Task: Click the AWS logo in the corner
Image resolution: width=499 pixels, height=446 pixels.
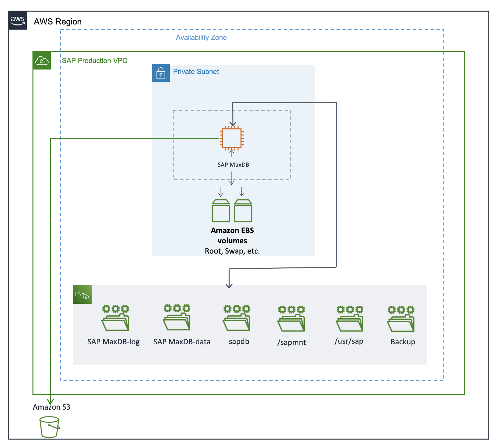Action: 18,20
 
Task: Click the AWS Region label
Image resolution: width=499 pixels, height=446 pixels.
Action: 58,22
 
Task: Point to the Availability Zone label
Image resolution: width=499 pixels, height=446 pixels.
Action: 201,38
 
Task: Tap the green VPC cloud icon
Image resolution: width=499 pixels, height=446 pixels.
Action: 42,60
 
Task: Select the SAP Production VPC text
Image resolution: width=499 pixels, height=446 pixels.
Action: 95,61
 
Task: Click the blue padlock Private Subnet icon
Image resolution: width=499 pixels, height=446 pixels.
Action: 161,73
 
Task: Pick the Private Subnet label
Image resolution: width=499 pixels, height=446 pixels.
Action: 196,72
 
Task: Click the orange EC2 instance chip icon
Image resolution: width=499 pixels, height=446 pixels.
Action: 232,139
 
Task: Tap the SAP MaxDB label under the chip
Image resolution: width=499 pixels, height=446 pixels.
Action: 233,165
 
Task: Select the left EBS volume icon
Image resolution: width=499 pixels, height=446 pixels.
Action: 221,211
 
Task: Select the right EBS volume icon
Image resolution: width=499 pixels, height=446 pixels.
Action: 243,211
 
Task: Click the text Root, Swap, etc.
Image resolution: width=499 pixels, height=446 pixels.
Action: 232,251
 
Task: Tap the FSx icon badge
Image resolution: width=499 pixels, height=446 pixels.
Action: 82,294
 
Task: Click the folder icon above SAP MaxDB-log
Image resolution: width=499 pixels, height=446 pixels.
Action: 115,318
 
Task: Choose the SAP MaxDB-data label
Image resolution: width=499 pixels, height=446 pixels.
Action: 182,342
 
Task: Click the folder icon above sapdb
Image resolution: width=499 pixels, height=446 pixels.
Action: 237,318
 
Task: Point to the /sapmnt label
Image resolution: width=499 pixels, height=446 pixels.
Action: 292,342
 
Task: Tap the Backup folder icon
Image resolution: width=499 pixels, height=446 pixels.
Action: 401,319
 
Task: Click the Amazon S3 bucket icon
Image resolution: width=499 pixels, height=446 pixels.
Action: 50,427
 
